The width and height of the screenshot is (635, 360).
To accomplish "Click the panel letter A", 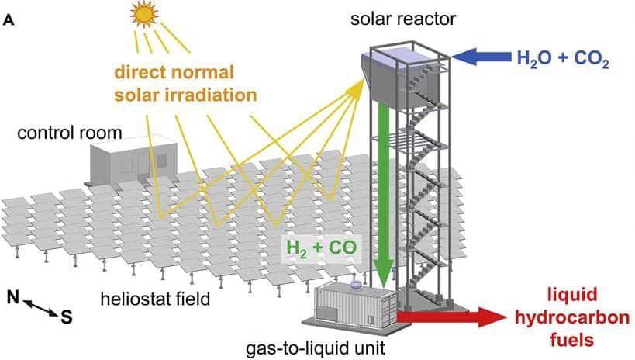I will pos(9,21).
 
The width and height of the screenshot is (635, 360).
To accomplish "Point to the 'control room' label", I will pos(70,133).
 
